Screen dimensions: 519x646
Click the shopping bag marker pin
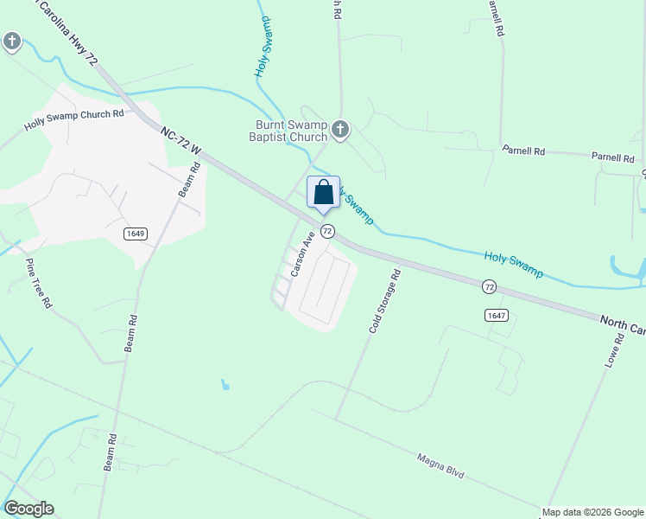click(323, 193)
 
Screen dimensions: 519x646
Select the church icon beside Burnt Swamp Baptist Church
click(340, 130)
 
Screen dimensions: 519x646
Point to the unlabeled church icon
click(12, 41)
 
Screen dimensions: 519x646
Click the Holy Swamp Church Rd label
click(74, 120)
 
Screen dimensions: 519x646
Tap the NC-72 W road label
click(180, 141)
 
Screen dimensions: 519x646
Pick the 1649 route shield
click(135, 233)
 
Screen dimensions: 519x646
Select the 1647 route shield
click(496, 315)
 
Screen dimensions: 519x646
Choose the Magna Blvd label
click(440, 467)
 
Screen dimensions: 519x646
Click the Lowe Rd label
click(615, 346)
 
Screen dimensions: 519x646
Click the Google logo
click(28, 509)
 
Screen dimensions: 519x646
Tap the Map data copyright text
click(592, 512)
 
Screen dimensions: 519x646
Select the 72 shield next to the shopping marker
click(327, 231)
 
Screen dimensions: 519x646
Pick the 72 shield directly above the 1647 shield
click(490, 286)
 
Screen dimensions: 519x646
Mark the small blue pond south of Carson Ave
click(225, 384)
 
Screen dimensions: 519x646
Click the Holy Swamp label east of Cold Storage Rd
click(513, 263)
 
